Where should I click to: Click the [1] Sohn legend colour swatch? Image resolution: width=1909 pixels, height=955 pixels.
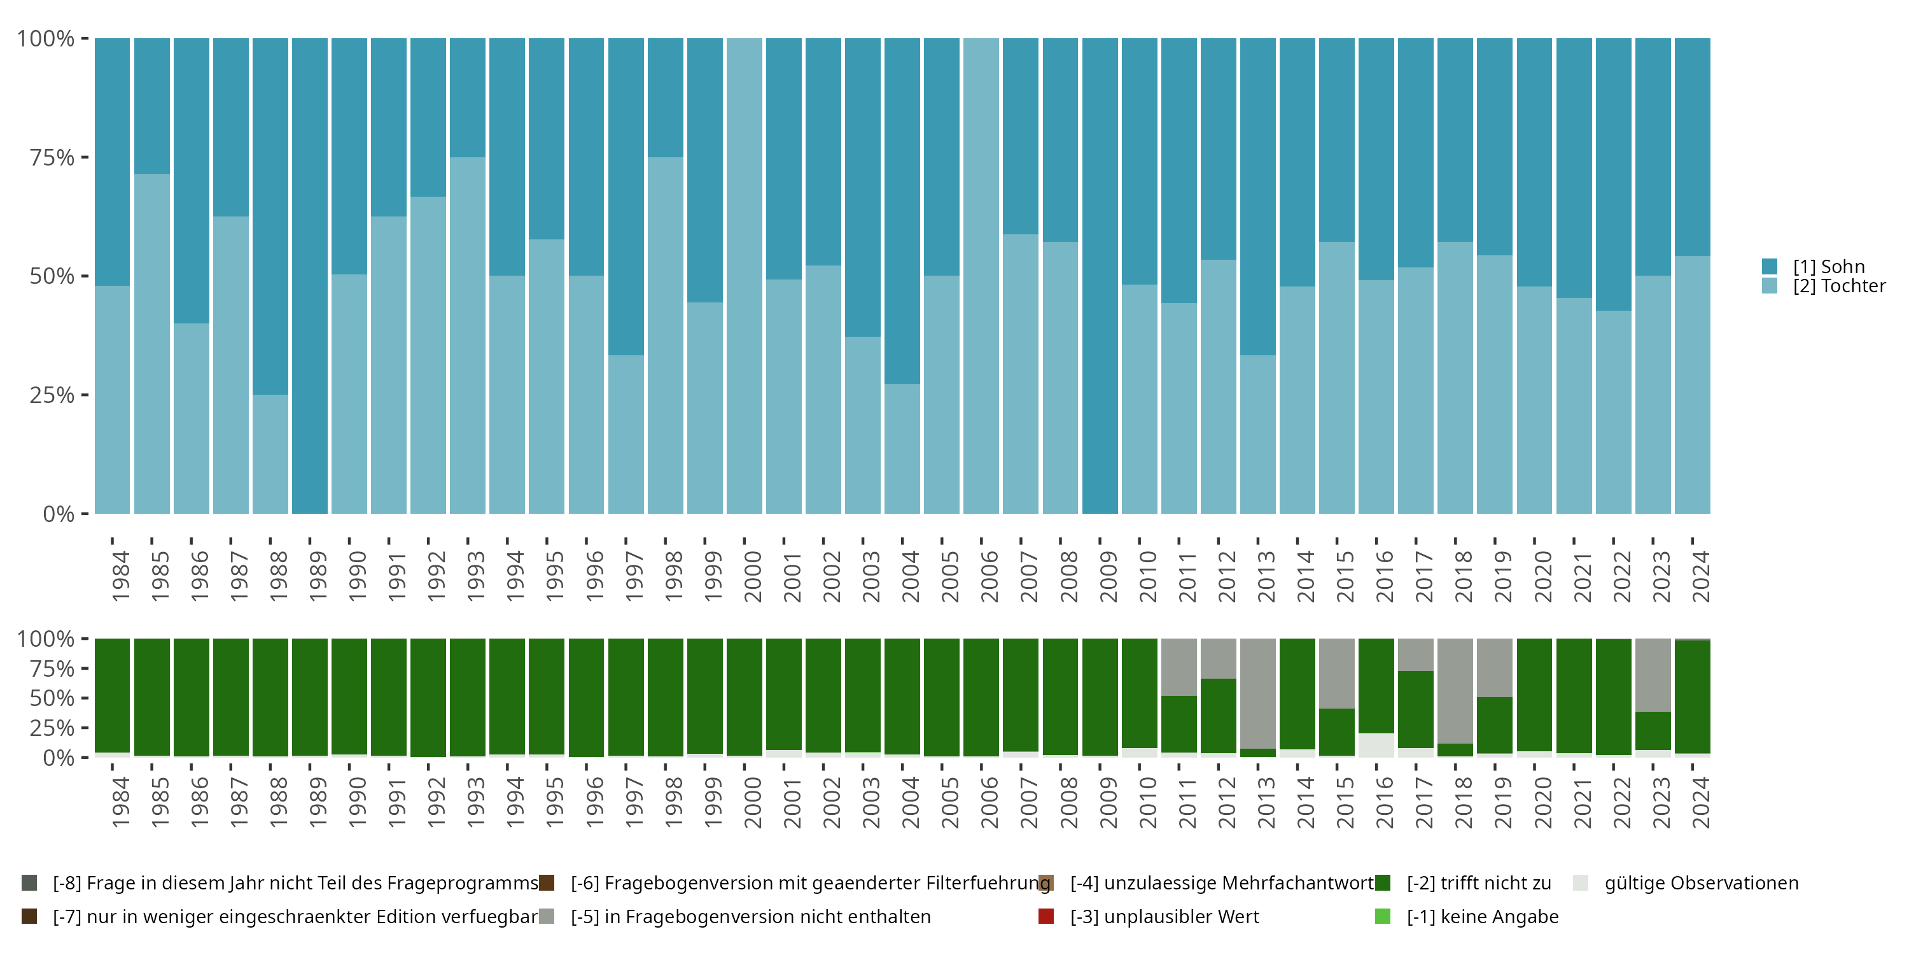1770,266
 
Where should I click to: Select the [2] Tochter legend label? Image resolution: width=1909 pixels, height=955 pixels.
1840,286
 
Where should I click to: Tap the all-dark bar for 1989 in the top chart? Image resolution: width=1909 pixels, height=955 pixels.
310,276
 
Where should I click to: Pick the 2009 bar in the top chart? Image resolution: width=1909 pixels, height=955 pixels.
1100,276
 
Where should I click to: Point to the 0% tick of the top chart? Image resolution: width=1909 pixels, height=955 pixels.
59,514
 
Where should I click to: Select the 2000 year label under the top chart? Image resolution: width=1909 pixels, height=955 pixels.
753,577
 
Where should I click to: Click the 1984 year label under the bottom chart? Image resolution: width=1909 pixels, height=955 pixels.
121,802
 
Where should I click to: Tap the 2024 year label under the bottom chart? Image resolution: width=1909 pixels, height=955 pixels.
1702,802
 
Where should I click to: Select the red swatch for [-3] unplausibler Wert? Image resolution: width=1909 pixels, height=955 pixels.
1046,916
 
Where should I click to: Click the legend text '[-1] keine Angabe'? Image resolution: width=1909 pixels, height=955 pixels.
1483,916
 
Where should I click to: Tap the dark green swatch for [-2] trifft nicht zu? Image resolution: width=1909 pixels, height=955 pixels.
1383,883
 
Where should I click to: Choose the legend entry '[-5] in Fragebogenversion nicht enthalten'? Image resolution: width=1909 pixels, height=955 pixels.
751,916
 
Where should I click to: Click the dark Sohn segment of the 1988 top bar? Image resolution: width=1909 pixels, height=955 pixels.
270,215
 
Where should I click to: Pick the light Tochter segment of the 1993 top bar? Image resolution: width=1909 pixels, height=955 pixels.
468,334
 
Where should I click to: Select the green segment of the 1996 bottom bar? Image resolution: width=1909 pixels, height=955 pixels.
586,697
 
